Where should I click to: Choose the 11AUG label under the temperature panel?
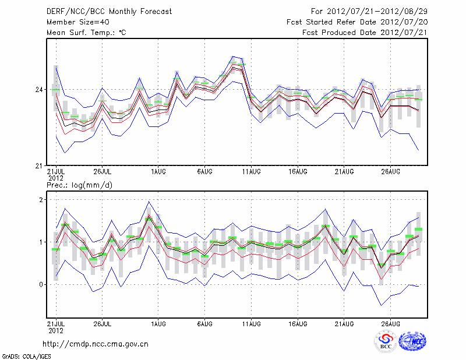[x=251, y=171]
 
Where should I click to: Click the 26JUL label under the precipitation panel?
[x=103, y=322]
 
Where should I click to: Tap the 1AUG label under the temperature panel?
[x=158, y=171]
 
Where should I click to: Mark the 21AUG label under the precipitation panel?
[x=344, y=322]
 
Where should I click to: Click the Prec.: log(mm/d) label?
[x=80, y=185]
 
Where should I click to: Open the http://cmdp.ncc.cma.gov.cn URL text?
[x=96, y=344]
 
